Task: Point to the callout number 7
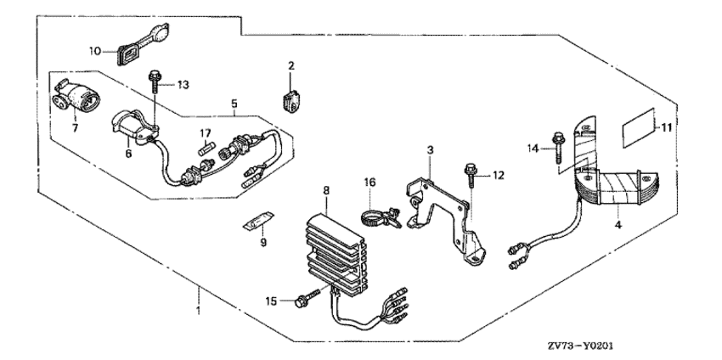pyautogui.click(x=74, y=127)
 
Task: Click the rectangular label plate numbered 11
pyautogui.click(x=640, y=127)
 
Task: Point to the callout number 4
pyautogui.click(x=618, y=226)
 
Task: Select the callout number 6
pyautogui.click(x=127, y=155)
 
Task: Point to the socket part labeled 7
pyautogui.click(x=79, y=95)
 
